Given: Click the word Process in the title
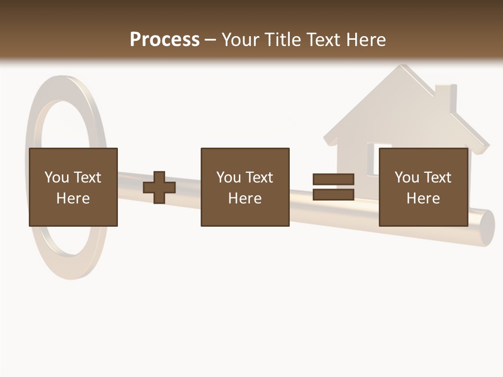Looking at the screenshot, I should (x=165, y=39).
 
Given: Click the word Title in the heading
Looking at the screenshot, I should (x=282, y=39).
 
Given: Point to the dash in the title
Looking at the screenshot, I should (x=211, y=40).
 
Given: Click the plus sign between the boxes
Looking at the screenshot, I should (x=159, y=187).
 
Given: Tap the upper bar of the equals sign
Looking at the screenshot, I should (x=333, y=179).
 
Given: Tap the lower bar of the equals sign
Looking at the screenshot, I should (x=333, y=195).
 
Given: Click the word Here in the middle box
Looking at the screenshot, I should (x=245, y=198).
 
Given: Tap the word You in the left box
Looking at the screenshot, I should (x=56, y=177).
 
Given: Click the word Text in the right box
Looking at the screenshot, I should (x=437, y=177).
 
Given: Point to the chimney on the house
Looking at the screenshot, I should (x=445, y=97).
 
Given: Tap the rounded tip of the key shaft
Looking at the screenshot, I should (x=486, y=226).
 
